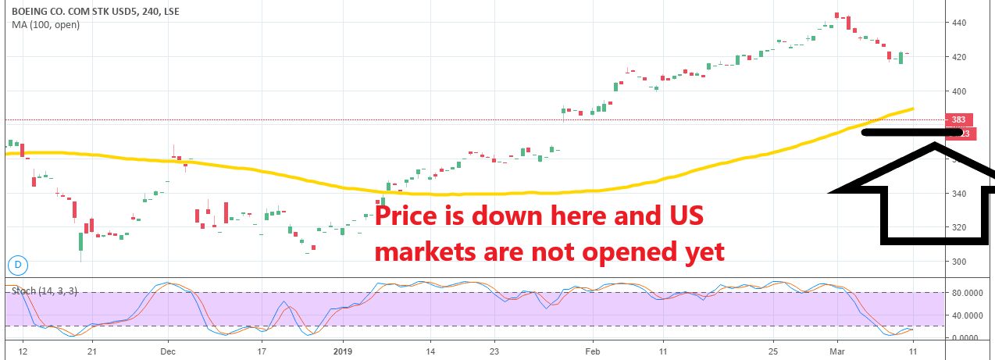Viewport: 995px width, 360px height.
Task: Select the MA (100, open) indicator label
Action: click(x=45, y=24)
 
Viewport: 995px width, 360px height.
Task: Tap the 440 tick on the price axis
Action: click(x=959, y=23)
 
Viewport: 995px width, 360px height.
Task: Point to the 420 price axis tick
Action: click(x=959, y=58)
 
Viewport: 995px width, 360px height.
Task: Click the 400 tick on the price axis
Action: click(x=959, y=92)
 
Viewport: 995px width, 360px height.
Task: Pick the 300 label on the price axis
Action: click(x=959, y=262)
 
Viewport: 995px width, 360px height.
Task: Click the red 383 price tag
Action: click(x=958, y=120)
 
